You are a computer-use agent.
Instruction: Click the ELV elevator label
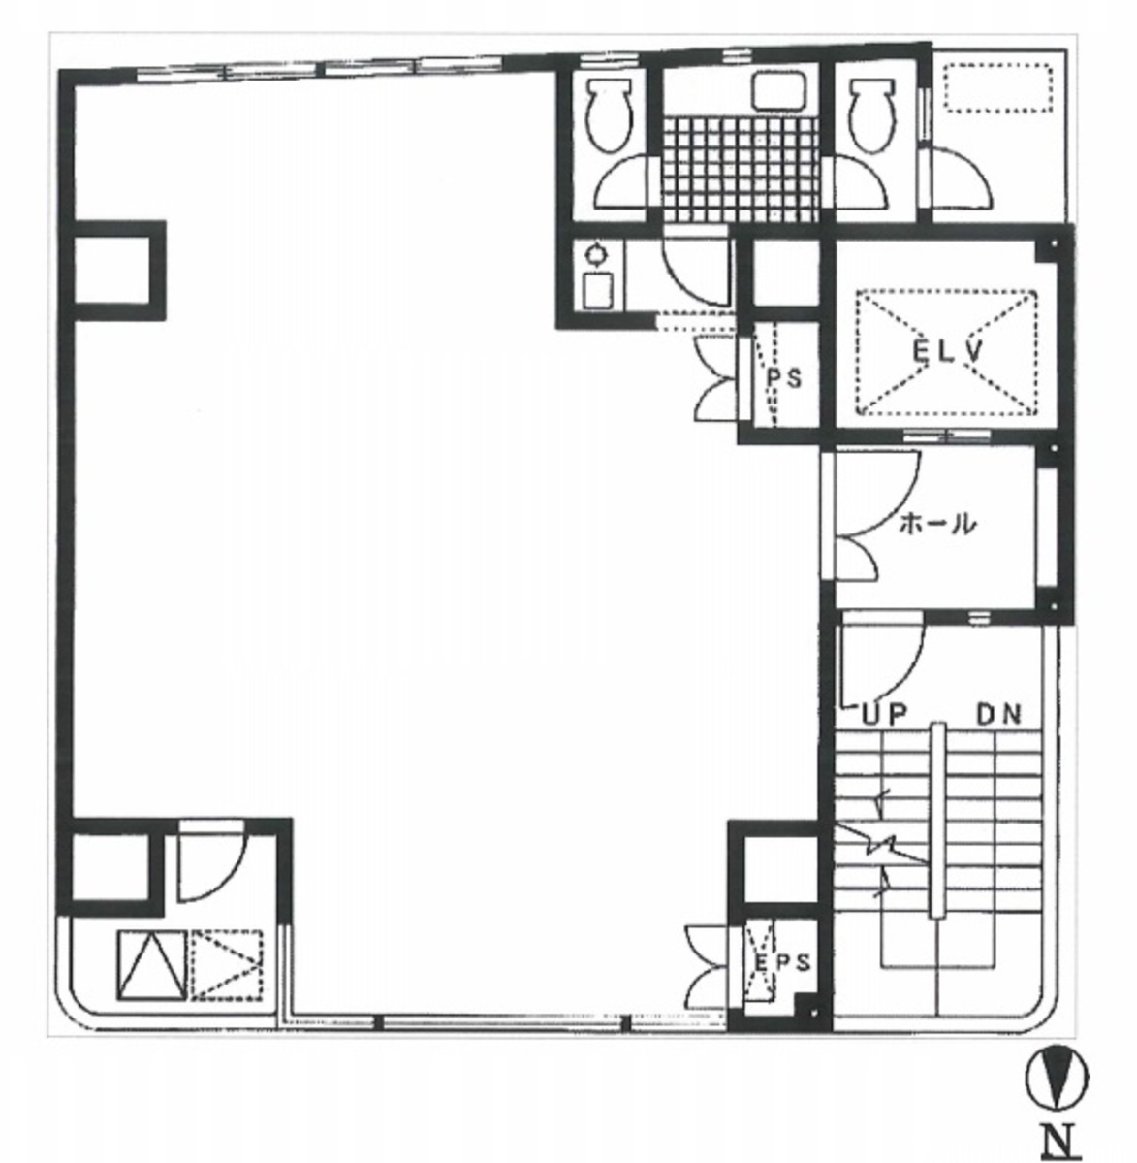947,352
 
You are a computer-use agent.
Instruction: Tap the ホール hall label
936,526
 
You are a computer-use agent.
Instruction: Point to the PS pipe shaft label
785,379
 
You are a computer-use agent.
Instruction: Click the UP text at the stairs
883,716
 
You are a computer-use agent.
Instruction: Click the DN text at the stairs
997,716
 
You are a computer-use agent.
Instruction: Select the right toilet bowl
869,115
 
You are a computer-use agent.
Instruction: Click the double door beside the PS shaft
716,377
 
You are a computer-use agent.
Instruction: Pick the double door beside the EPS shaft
707,966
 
